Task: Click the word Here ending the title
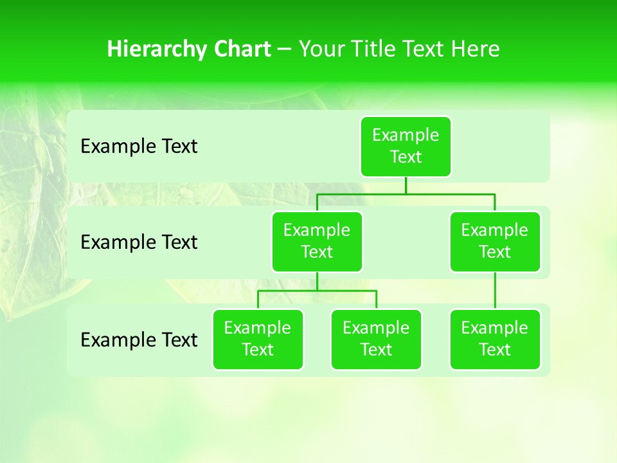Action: [x=475, y=50]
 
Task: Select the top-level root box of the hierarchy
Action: [x=406, y=147]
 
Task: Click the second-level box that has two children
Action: [x=317, y=242]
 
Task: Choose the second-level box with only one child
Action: [x=495, y=242]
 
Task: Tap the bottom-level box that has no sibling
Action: [x=495, y=340]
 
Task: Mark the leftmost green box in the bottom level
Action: [x=258, y=340]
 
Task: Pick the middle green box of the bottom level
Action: [x=376, y=340]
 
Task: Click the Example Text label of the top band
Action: [x=139, y=147]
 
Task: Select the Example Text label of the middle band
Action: [x=139, y=242]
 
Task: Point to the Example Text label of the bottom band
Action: [x=139, y=340]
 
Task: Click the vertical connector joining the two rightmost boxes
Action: [x=495, y=291]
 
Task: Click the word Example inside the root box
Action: [x=406, y=136]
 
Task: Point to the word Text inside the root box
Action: [x=406, y=158]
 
